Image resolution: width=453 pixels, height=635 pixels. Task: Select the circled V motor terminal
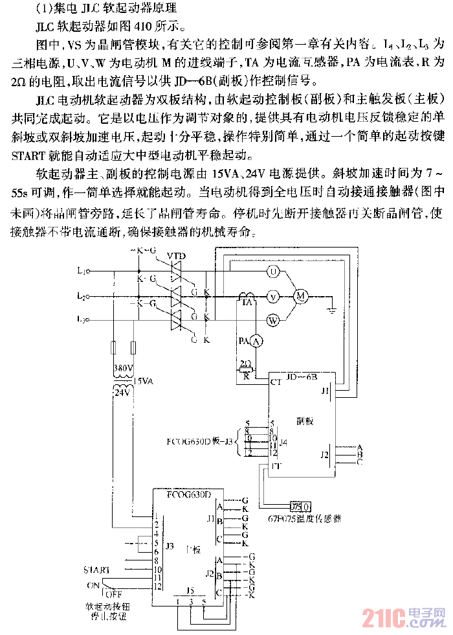click(273, 296)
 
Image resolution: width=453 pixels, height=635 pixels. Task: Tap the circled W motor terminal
click(273, 319)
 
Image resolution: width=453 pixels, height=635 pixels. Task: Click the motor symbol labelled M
click(300, 295)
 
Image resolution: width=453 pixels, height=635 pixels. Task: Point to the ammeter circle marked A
click(255, 340)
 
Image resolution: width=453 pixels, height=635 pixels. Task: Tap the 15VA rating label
click(144, 380)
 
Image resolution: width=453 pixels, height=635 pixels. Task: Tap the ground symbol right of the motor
click(331, 308)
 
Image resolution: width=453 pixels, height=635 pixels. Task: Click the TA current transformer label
click(247, 303)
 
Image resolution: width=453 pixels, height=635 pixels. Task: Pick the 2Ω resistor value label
click(245, 363)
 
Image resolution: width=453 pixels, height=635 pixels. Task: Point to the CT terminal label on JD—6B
click(276, 382)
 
